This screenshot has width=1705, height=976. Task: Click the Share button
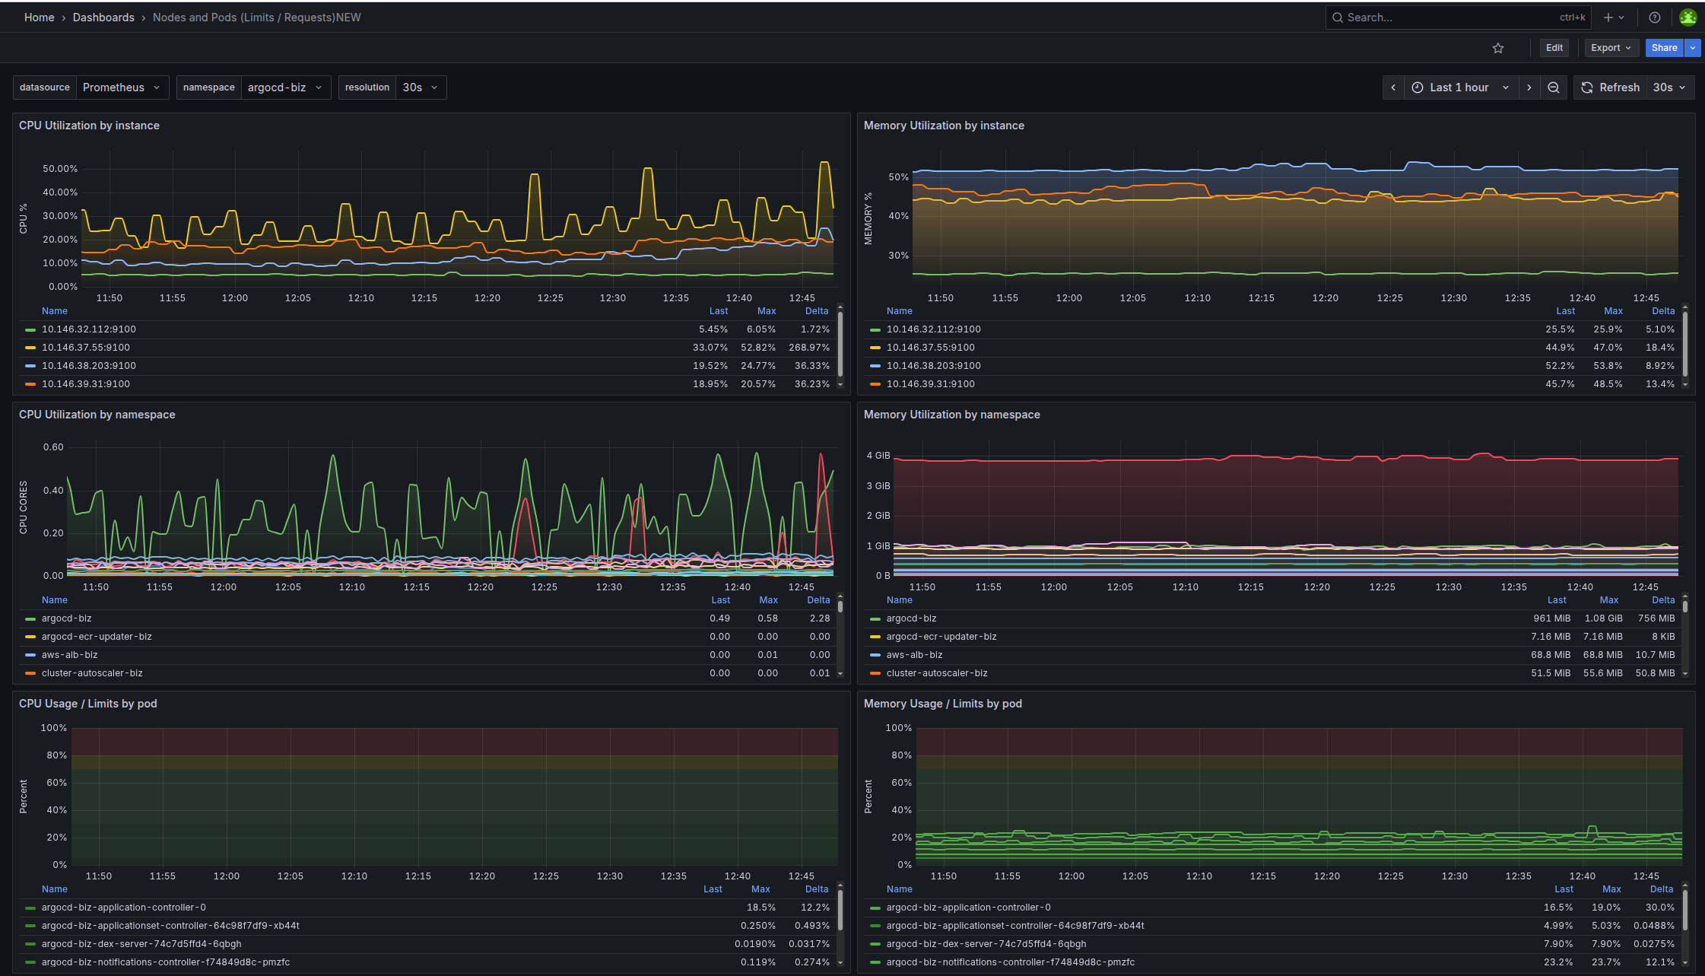coord(1664,48)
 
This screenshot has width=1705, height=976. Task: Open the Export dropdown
coord(1611,48)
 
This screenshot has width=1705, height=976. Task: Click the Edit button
coord(1554,48)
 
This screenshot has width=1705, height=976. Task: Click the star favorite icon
coord(1498,48)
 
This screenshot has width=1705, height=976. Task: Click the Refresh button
coord(1611,87)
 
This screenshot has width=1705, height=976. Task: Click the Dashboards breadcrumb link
coord(103,17)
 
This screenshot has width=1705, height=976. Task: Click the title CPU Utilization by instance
coord(89,126)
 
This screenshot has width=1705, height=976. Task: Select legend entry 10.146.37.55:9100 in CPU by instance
coord(86,348)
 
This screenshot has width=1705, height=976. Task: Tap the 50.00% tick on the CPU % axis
coord(60,169)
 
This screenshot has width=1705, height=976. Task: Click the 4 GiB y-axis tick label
coord(878,456)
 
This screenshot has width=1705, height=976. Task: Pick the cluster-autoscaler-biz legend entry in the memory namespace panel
coord(937,673)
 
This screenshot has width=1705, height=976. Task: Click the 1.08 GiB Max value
coord(1603,618)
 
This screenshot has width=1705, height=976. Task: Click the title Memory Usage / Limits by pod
coord(943,704)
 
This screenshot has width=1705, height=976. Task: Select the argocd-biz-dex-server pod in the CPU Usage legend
coord(141,944)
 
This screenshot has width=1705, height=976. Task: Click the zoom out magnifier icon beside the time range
coord(1554,87)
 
